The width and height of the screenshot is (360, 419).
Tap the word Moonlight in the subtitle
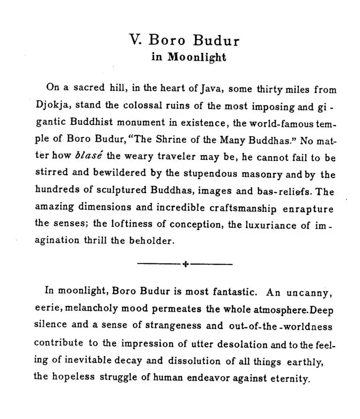[x=197, y=57]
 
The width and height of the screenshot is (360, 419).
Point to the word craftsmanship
[x=243, y=208]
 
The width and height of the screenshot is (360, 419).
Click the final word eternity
[x=289, y=378]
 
